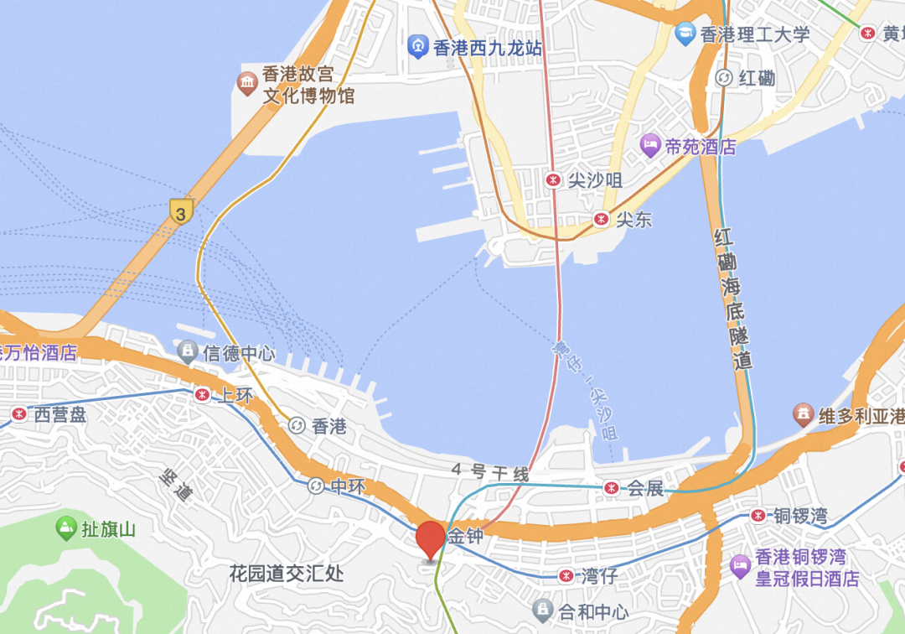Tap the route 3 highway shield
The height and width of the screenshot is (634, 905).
[x=180, y=210]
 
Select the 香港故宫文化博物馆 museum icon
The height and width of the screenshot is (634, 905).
[x=247, y=83]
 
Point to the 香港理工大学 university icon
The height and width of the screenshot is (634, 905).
[x=685, y=34]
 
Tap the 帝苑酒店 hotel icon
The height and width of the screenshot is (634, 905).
[x=650, y=146]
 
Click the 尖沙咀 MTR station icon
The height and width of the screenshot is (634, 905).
[x=553, y=179]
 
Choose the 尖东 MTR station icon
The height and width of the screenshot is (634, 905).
[x=601, y=220]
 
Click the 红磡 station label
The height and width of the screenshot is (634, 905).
[x=756, y=79]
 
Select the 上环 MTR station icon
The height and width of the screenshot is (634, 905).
[x=201, y=395]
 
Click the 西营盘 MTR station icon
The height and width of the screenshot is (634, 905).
[x=18, y=413]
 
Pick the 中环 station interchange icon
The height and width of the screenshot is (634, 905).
[x=315, y=486]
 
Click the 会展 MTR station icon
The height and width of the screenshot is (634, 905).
[x=613, y=487]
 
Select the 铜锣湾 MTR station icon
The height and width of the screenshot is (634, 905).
[x=758, y=515]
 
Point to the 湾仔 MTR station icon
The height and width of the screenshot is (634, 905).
[x=567, y=576]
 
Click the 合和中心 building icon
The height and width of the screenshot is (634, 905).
[x=542, y=609]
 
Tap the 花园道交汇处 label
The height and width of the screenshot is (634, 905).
[x=287, y=574]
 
